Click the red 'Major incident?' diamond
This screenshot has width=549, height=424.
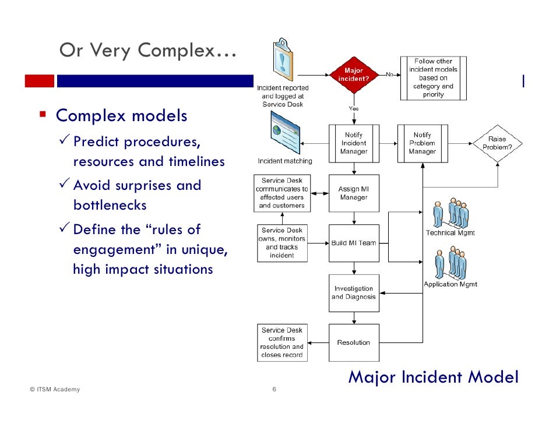pyautogui.click(x=354, y=75)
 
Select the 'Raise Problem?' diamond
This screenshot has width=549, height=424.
pyautogui.click(x=497, y=143)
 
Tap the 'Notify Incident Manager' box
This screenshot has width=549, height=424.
pyautogui.click(x=354, y=143)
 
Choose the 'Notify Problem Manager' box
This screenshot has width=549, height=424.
pyautogui.click(x=423, y=143)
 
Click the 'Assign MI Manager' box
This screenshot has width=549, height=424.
pyautogui.click(x=354, y=193)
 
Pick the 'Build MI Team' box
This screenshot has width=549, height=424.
pyautogui.click(x=354, y=243)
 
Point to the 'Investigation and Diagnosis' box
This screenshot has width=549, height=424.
pyautogui.click(x=354, y=293)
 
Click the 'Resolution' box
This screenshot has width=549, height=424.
pyautogui.click(x=354, y=342)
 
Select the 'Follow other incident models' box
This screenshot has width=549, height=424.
pyautogui.click(x=434, y=78)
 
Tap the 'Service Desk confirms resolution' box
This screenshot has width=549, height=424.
pyautogui.click(x=282, y=342)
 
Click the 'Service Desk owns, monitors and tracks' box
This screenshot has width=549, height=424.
pyautogui.click(x=282, y=243)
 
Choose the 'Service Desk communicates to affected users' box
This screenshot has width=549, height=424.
pyautogui.click(x=282, y=193)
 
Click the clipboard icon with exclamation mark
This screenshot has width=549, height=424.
pyautogui.click(x=283, y=59)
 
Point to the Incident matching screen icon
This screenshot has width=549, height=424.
pyautogui.click(x=286, y=132)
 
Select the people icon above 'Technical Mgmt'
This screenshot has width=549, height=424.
pyautogui.click(x=451, y=213)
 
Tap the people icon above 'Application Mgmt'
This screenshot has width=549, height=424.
pyautogui.click(x=451, y=263)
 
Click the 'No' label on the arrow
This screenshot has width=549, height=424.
pyautogui.click(x=389, y=74)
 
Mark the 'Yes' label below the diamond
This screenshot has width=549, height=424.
pyautogui.click(x=354, y=108)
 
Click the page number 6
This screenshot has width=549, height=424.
pyautogui.click(x=274, y=389)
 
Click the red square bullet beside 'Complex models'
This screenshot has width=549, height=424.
pyautogui.click(x=43, y=114)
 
